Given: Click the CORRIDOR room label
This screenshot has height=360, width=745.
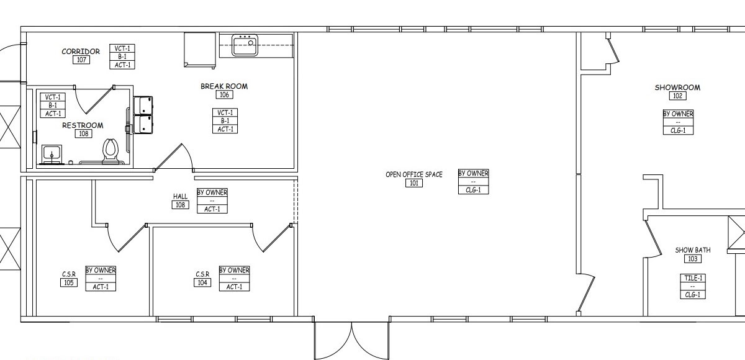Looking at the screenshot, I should click(x=81, y=52).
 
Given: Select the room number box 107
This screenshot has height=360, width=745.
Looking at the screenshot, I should click(x=81, y=60).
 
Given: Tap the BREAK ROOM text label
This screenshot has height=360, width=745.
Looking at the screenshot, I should click(x=224, y=86).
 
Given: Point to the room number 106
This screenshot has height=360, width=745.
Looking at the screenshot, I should click(x=224, y=95).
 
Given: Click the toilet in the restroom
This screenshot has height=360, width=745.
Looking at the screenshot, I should click(x=111, y=150).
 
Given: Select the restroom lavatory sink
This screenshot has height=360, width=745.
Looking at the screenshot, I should click(x=50, y=153).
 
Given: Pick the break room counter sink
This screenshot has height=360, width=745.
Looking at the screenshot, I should click(x=245, y=45).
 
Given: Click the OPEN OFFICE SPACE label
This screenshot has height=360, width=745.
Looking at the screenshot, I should click(x=414, y=174).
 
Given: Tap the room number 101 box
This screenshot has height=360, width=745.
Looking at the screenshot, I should click(x=414, y=183).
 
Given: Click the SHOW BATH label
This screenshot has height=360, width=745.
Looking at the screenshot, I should click(x=693, y=250).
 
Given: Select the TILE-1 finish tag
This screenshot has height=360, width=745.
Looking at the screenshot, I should click(x=693, y=278).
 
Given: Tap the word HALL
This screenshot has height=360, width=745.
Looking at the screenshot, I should click(x=180, y=197).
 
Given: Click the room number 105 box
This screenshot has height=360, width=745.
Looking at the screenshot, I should click(x=68, y=283).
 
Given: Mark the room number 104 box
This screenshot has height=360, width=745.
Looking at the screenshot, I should click(x=202, y=283).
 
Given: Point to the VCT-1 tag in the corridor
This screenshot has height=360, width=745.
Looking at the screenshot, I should click(x=122, y=48).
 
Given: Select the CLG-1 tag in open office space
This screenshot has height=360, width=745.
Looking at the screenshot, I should click(x=473, y=190).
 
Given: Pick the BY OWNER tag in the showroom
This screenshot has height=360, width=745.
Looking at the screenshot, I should click(x=678, y=114).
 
